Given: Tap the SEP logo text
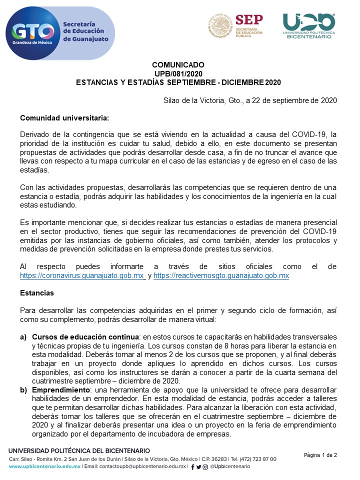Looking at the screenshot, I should (x=249, y=20).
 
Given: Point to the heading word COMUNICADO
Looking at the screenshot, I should (x=178, y=65).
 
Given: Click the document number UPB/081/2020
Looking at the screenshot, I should (x=178, y=73).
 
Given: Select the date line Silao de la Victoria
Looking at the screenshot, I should (x=250, y=100).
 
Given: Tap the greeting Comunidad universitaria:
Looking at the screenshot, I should (x=64, y=118).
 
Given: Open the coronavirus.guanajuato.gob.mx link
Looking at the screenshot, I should (x=82, y=275).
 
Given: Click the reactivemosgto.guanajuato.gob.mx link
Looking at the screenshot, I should (x=221, y=275).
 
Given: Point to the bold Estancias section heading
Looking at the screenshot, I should (x=36, y=292).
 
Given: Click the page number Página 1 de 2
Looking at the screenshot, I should (x=320, y=455).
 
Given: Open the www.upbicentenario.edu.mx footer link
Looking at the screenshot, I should (x=44, y=466).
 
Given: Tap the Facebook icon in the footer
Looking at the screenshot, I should (x=193, y=466).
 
